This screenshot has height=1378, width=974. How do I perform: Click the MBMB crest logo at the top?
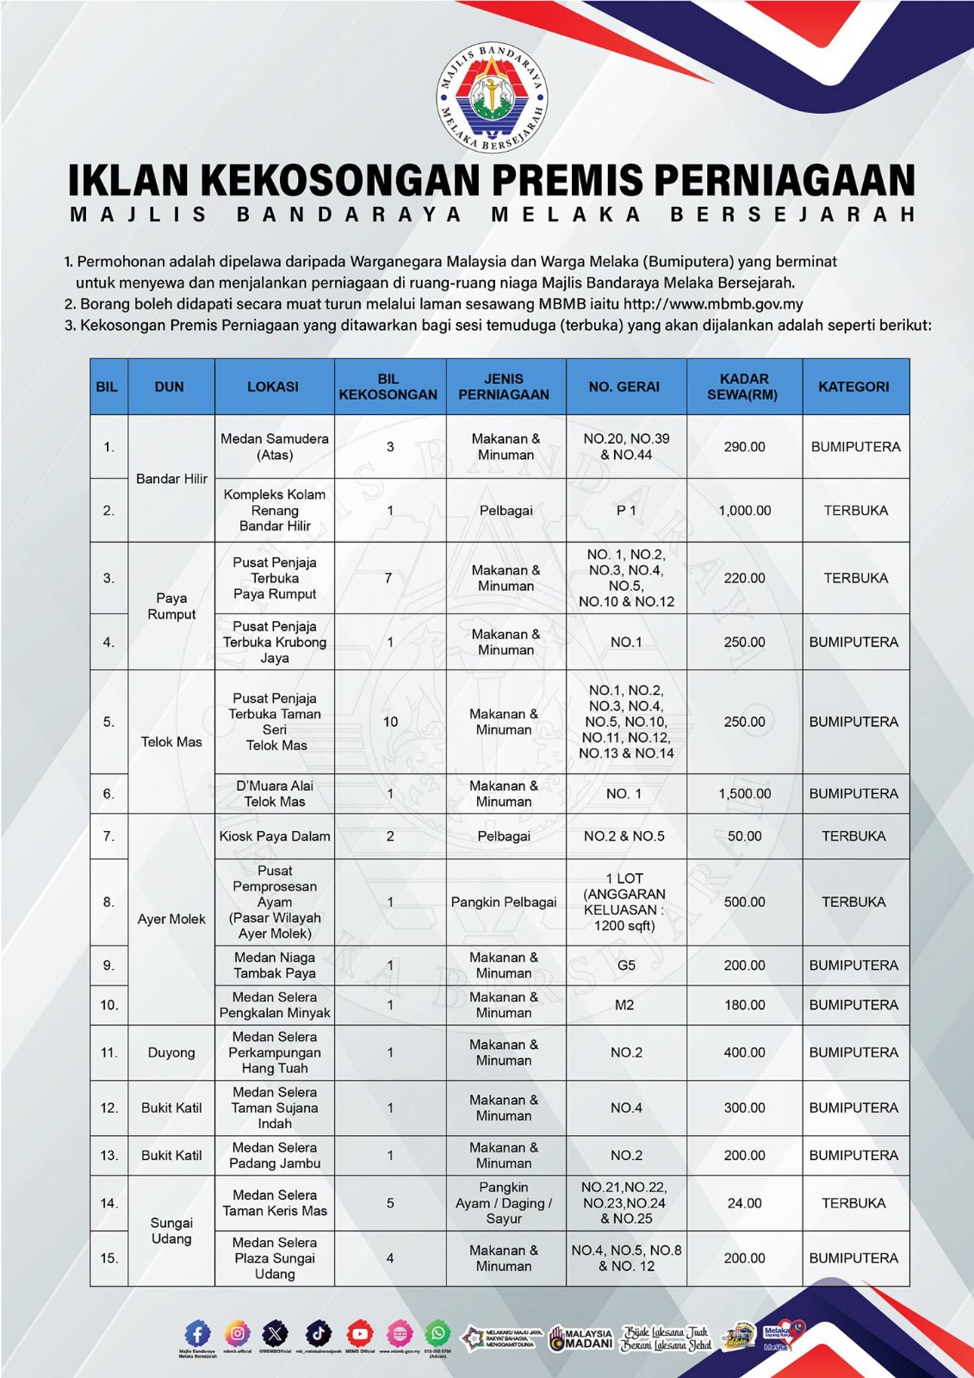point(492,97)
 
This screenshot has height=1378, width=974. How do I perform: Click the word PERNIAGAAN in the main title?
point(784,180)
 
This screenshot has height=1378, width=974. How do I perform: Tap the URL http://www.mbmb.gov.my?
point(713,304)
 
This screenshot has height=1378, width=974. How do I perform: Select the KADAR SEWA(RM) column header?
point(743,387)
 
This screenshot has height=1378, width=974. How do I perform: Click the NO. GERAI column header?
point(624,387)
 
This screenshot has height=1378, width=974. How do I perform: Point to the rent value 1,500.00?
point(744,793)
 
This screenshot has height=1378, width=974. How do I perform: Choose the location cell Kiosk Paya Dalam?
point(274,836)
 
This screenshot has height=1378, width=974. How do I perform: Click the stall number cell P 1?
point(626,511)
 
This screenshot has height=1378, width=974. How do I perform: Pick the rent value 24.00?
point(744,1203)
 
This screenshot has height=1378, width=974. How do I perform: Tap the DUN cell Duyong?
point(171,1052)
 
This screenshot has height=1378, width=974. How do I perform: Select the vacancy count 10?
point(390,722)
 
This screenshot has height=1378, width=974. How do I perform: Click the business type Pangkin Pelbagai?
point(504,902)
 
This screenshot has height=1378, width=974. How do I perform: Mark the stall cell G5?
point(626,965)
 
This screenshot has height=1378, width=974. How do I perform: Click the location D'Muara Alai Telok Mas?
point(274,793)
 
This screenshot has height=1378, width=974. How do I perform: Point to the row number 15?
point(109,1258)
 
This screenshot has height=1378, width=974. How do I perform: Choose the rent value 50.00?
point(744,836)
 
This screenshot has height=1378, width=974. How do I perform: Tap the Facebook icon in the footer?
point(197,1334)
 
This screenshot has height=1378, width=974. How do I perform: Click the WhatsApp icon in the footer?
point(438,1333)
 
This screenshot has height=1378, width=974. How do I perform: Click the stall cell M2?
point(624,1005)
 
